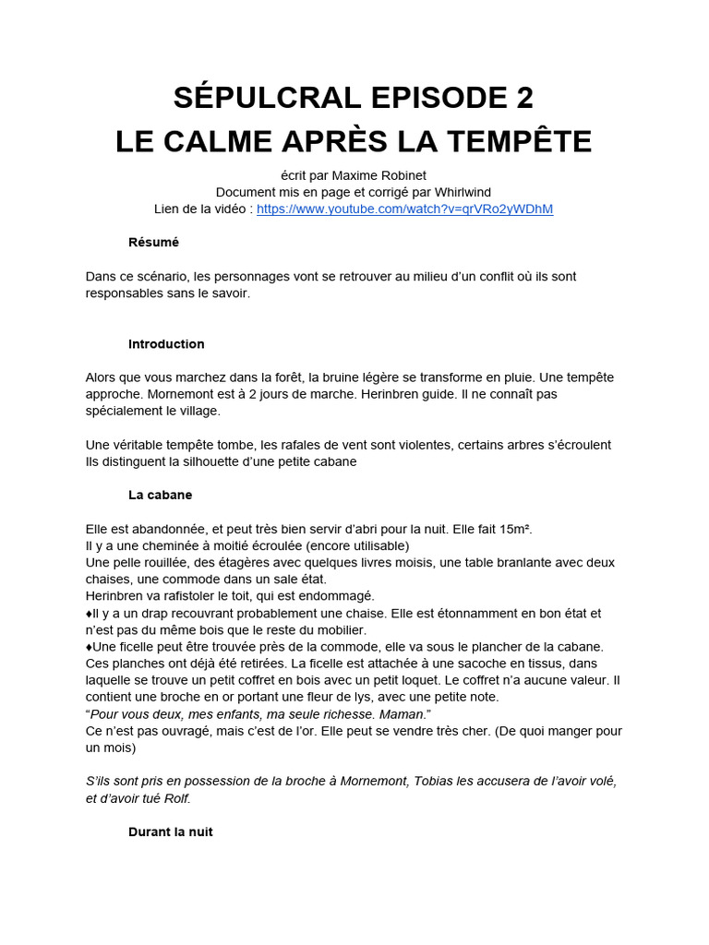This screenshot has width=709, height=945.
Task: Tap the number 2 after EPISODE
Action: click(522, 97)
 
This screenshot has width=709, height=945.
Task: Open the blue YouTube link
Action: click(404, 209)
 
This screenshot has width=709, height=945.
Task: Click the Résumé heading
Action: click(153, 242)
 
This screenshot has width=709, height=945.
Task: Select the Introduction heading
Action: click(166, 343)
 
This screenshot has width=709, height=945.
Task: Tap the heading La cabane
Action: click(160, 495)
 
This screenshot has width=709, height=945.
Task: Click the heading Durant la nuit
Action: click(170, 831)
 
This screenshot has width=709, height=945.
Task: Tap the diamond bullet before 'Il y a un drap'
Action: click(89, 613)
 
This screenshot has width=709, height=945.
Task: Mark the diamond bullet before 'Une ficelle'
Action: click(89, 647)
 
